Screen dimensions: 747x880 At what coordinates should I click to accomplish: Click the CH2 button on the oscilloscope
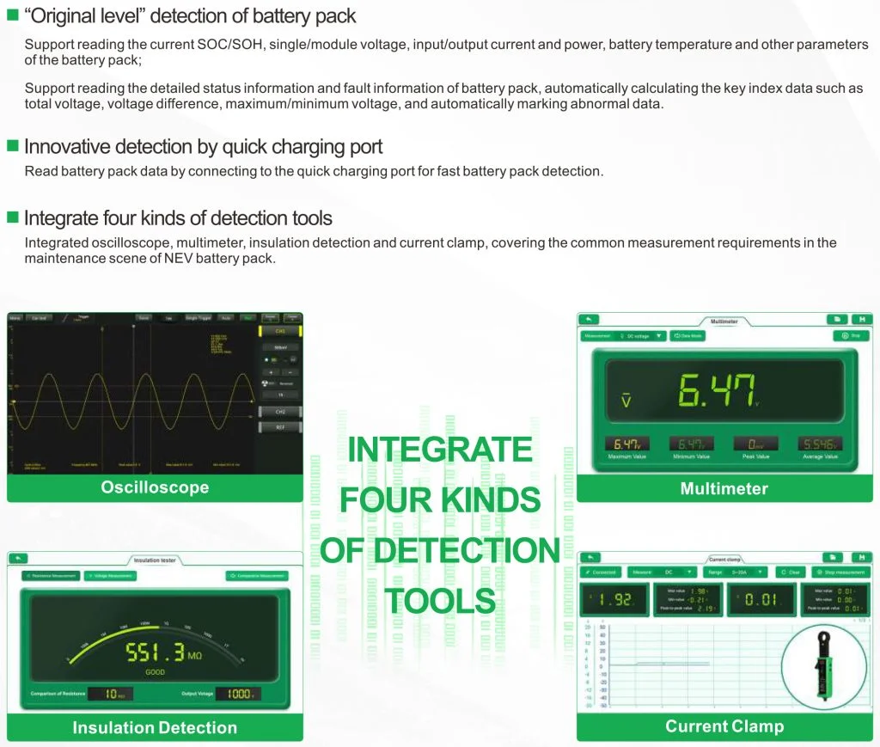(x=280, y=412)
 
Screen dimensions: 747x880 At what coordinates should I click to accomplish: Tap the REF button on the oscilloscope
(x=280, y=426)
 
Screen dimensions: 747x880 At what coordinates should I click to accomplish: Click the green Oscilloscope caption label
(x=155, y=487)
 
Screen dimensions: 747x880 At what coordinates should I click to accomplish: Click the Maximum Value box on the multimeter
(x=626, y=444)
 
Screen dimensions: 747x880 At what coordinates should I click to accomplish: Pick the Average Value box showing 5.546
(x=820, y=444)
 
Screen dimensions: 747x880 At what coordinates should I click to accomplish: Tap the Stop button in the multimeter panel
(x=851, y=336)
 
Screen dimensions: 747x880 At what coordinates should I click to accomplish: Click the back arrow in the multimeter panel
(x=588, y=319)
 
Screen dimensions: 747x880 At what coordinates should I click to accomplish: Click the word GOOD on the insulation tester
(x=155, y=672)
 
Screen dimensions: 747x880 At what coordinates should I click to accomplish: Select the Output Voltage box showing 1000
(x=237, y=694)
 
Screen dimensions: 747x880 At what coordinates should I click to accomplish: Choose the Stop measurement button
(x=841, y=572)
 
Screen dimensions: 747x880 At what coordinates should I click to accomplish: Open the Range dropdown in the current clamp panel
(x=736, y=572)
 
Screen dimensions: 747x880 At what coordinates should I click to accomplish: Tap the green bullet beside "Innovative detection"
(x=12, y=145)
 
